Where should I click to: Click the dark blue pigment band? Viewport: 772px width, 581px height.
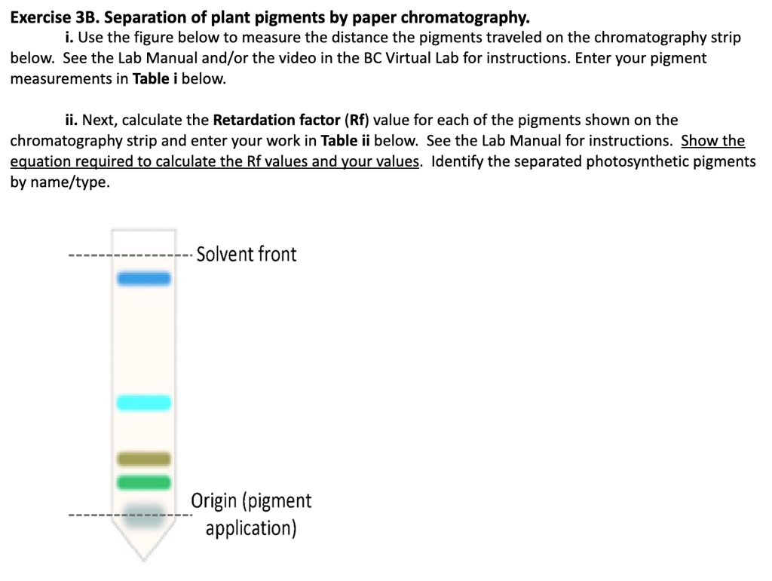(x=143, y=280)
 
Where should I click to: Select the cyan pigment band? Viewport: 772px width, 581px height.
(x=143, y=403)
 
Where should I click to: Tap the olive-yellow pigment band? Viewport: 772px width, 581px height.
(x=143, y=459)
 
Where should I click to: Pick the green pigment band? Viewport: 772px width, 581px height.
(x=143, y=482)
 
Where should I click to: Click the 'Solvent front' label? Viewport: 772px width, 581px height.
(x=247, y=254)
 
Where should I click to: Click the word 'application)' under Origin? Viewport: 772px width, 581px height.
(x=251, y=527)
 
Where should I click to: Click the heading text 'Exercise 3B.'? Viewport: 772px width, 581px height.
(x=56, y=17)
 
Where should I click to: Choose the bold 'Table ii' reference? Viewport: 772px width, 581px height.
(x=345, y=142)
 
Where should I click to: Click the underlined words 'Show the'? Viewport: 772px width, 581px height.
(x=712, y=142)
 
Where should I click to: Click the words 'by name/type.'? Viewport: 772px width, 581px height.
(x=60, y=183)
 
